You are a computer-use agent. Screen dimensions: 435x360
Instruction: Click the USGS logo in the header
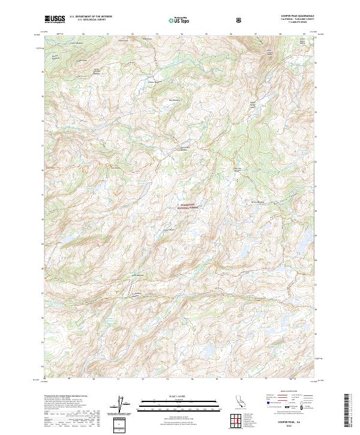tap(55, 19)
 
